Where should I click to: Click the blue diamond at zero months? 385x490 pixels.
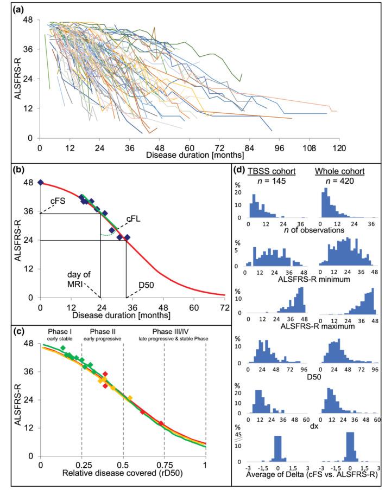(x=41, y=182)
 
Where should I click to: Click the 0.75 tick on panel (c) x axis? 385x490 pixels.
(x=164, y=465)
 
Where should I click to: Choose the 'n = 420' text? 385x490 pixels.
(x=339, y=181)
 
